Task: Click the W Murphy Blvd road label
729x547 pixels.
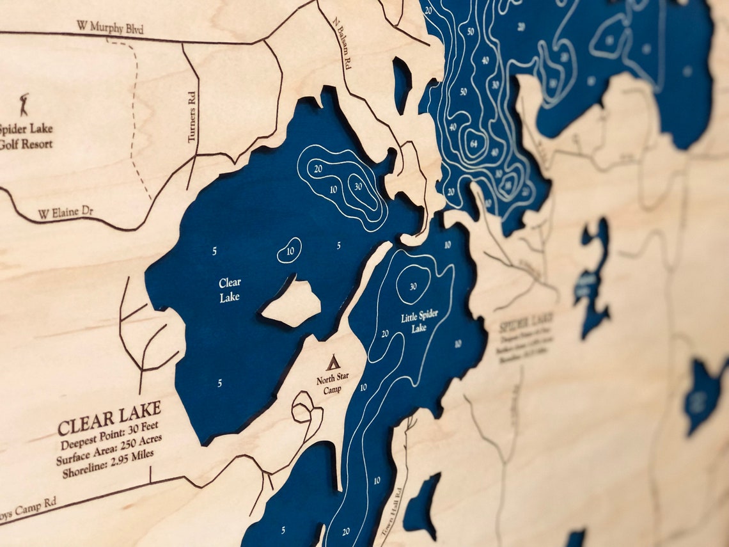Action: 110,27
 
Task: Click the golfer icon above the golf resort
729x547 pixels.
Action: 24,104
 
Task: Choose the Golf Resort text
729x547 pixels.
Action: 26,144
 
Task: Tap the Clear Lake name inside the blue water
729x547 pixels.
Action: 230,290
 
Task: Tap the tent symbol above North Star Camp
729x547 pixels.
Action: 333,363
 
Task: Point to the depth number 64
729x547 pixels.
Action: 474,142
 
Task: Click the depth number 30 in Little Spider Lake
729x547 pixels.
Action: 412,286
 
